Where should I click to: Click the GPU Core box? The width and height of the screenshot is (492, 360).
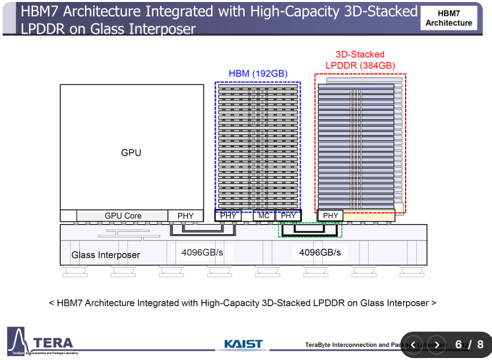123,216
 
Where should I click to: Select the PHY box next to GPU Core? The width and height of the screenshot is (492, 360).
186,216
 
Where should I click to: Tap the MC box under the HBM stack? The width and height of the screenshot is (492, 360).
264,216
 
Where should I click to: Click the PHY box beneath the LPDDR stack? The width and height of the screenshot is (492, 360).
330,216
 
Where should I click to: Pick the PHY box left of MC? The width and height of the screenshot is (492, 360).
228,216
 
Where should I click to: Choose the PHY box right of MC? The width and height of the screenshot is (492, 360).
288,216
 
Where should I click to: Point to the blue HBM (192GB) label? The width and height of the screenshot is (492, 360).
258,73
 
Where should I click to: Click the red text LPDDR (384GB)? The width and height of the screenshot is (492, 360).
360,65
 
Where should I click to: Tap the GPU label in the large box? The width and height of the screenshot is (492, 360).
131,152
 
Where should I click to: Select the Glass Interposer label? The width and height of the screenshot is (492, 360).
106,255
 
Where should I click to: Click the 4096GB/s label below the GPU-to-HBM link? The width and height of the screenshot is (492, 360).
202,253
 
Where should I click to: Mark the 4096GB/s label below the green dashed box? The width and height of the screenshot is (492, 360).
320,253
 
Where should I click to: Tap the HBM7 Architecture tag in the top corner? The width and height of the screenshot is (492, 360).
448,18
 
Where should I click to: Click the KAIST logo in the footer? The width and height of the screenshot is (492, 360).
243,344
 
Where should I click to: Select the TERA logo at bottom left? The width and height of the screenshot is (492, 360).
43,342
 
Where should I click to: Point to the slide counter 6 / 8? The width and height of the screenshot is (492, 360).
469,344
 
